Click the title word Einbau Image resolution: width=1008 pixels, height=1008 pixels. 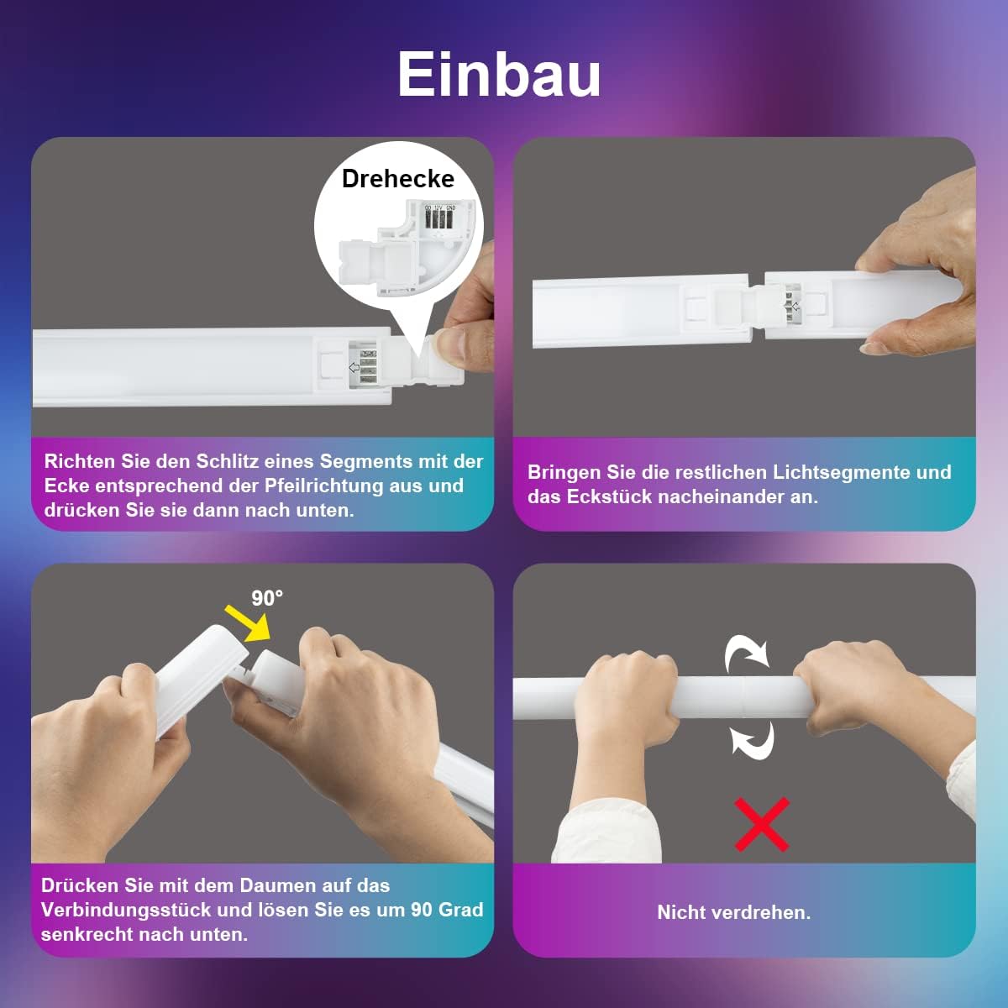[499, 74]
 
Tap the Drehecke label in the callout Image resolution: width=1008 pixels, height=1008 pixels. [397, 179]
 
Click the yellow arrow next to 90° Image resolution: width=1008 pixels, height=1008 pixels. [247, 622]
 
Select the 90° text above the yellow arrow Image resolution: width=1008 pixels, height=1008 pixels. [267, 598]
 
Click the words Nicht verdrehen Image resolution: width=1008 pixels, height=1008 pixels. [734, 912]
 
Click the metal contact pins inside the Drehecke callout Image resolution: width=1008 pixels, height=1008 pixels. [438, 218]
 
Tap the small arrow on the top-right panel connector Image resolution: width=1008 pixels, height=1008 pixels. [795, 306]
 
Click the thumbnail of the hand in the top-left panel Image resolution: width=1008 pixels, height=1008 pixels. [451, 346]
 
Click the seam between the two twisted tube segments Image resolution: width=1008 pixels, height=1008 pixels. [743, 696]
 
